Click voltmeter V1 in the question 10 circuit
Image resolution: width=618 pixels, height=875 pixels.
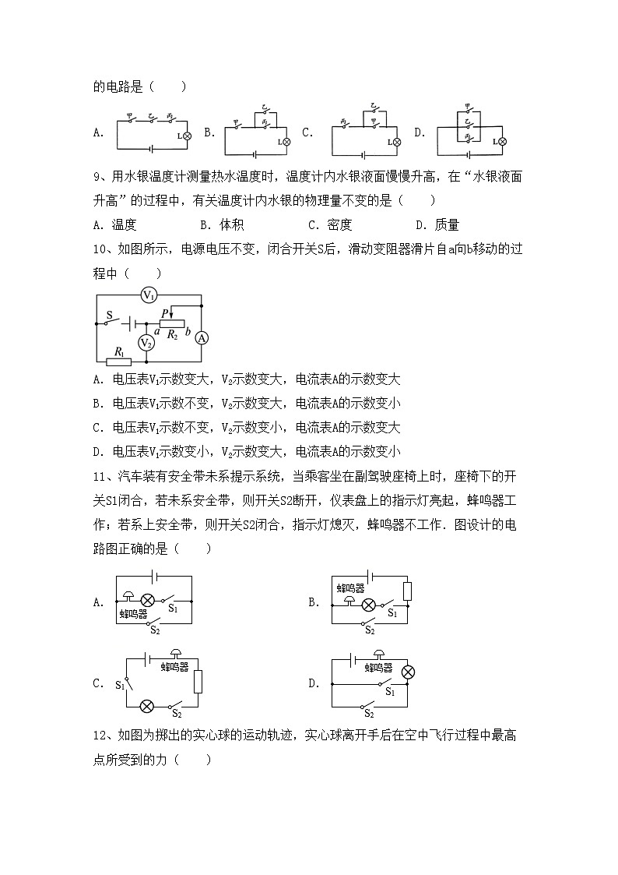pos(149,295)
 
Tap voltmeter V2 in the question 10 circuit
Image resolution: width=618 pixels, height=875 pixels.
pos(146,343)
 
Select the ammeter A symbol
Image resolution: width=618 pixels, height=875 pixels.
pos(202,337)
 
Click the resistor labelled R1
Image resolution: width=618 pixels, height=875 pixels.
pos(119,361)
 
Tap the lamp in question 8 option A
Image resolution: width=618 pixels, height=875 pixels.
pos(187,136)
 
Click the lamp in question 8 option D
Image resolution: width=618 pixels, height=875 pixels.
pos(502,142)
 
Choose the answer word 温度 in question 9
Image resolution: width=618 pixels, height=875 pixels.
pos(125,225)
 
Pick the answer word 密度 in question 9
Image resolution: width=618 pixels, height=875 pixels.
pos(339,225)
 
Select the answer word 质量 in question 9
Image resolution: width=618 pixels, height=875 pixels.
pos(447,225)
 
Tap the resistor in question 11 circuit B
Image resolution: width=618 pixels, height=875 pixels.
pos(407,591)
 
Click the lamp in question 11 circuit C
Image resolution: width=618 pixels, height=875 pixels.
pos(146,706)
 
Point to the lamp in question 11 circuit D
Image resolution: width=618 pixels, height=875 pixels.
pos(408,672)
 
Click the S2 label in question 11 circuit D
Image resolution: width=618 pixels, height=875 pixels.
pos(369,713)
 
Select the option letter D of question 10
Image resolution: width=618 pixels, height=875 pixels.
pos(98,451)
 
